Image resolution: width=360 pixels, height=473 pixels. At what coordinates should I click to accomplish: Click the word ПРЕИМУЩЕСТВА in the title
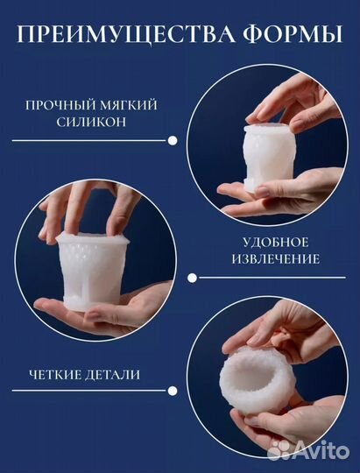pyautogui.click(x=123, y=36)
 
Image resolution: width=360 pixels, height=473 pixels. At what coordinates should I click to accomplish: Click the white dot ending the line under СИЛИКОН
pyautogui.click(x=173, y=140)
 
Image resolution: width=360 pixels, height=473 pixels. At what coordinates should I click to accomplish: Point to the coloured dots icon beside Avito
pyautogui.click(x=279, y=448)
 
